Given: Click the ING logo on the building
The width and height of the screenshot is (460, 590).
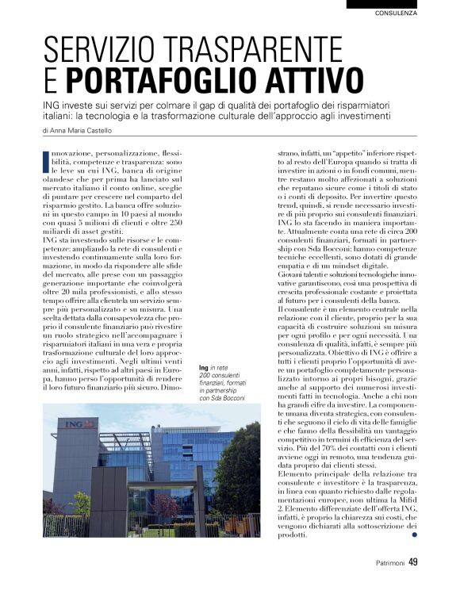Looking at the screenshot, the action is pyautogui.click(x=75, y=424).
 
